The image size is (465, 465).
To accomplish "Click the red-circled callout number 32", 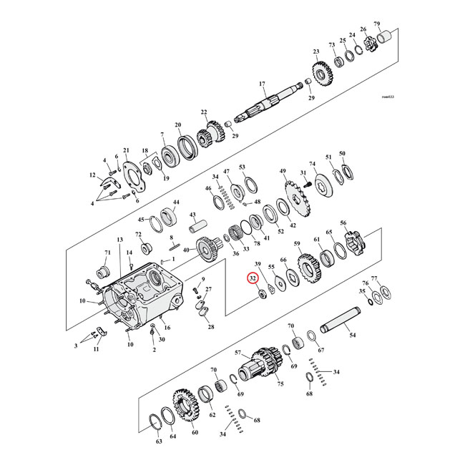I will (252, 279).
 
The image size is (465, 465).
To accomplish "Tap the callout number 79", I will (397, 24).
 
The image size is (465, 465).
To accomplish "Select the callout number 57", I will (238, 354).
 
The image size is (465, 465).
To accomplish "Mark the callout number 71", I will (108, 253).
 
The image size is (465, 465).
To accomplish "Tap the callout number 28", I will (210, 327).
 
